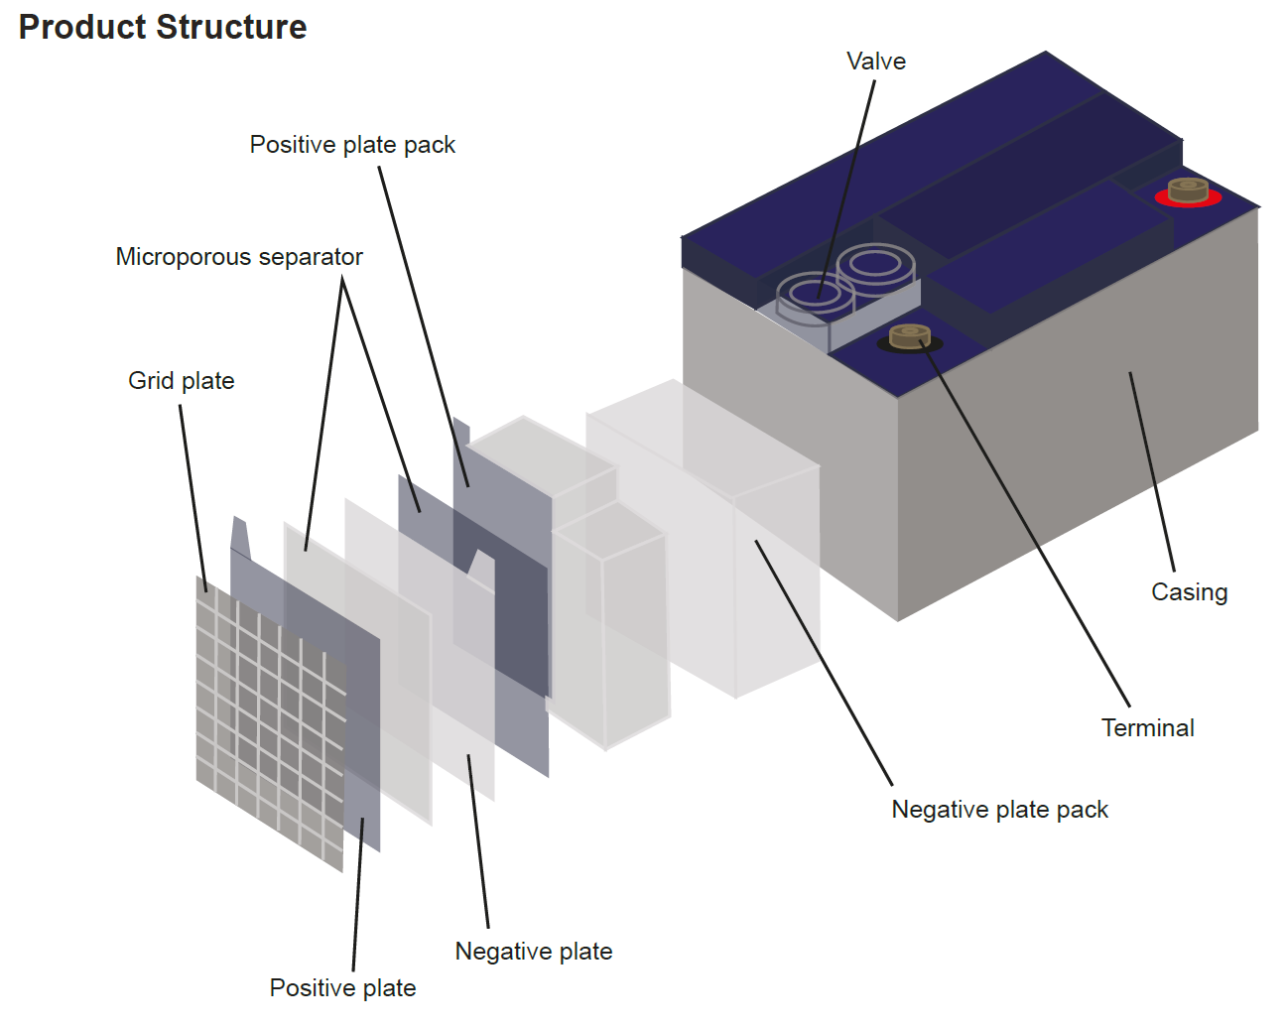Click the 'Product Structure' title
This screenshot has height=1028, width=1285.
tap(163, 27)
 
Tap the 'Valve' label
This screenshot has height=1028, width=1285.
tap(875, 62)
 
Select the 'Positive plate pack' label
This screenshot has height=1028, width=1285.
tap(352, 145)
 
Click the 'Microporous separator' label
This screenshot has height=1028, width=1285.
tap(239, 257)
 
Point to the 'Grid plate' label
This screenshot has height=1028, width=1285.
tap(182, 381)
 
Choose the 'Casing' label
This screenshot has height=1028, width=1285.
tap(1189, 592)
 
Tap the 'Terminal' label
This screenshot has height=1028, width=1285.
tap(1147, 728)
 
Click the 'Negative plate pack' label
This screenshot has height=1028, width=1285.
tap(999, 810)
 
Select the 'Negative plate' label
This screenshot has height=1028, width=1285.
tap(533, 952)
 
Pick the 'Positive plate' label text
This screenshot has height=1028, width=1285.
tap(342, 988)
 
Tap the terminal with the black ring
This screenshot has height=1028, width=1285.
tap(909, 337)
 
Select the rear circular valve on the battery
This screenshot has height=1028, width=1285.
tap(875, 263)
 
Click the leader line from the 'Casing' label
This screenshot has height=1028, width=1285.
tap(1151, 471)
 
